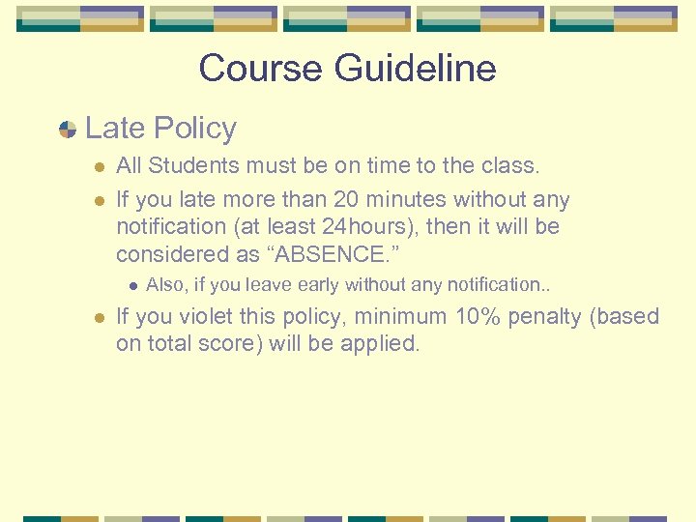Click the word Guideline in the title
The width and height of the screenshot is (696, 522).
coord(415,69)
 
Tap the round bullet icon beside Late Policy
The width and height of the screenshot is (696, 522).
coord(68,130)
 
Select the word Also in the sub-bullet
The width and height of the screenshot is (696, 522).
coord(162,285)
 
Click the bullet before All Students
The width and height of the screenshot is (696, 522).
coord(98,166)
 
